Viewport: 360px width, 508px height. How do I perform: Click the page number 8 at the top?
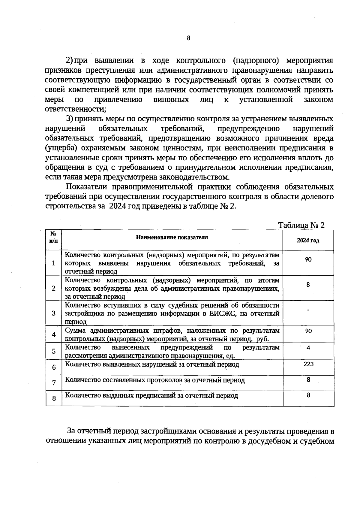click(188, 38)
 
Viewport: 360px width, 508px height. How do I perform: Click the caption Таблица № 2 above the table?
click(301, 225)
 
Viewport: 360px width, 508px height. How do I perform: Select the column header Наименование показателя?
click(172, 237)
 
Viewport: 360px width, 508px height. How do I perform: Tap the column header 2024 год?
click(308, 240)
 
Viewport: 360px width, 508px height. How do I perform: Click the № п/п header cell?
click(54, 237)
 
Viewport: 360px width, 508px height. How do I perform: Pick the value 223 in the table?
click(308, 364)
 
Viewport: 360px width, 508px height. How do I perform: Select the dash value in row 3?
click(308, 310)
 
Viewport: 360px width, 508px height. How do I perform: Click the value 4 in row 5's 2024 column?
click(308, 348)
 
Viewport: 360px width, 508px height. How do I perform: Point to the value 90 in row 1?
click(308, 259)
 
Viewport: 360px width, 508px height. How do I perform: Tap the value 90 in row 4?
click(308, 331)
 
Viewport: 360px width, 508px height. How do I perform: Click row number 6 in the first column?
click(54, 367)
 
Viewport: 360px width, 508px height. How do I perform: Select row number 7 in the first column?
click(54, 383)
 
